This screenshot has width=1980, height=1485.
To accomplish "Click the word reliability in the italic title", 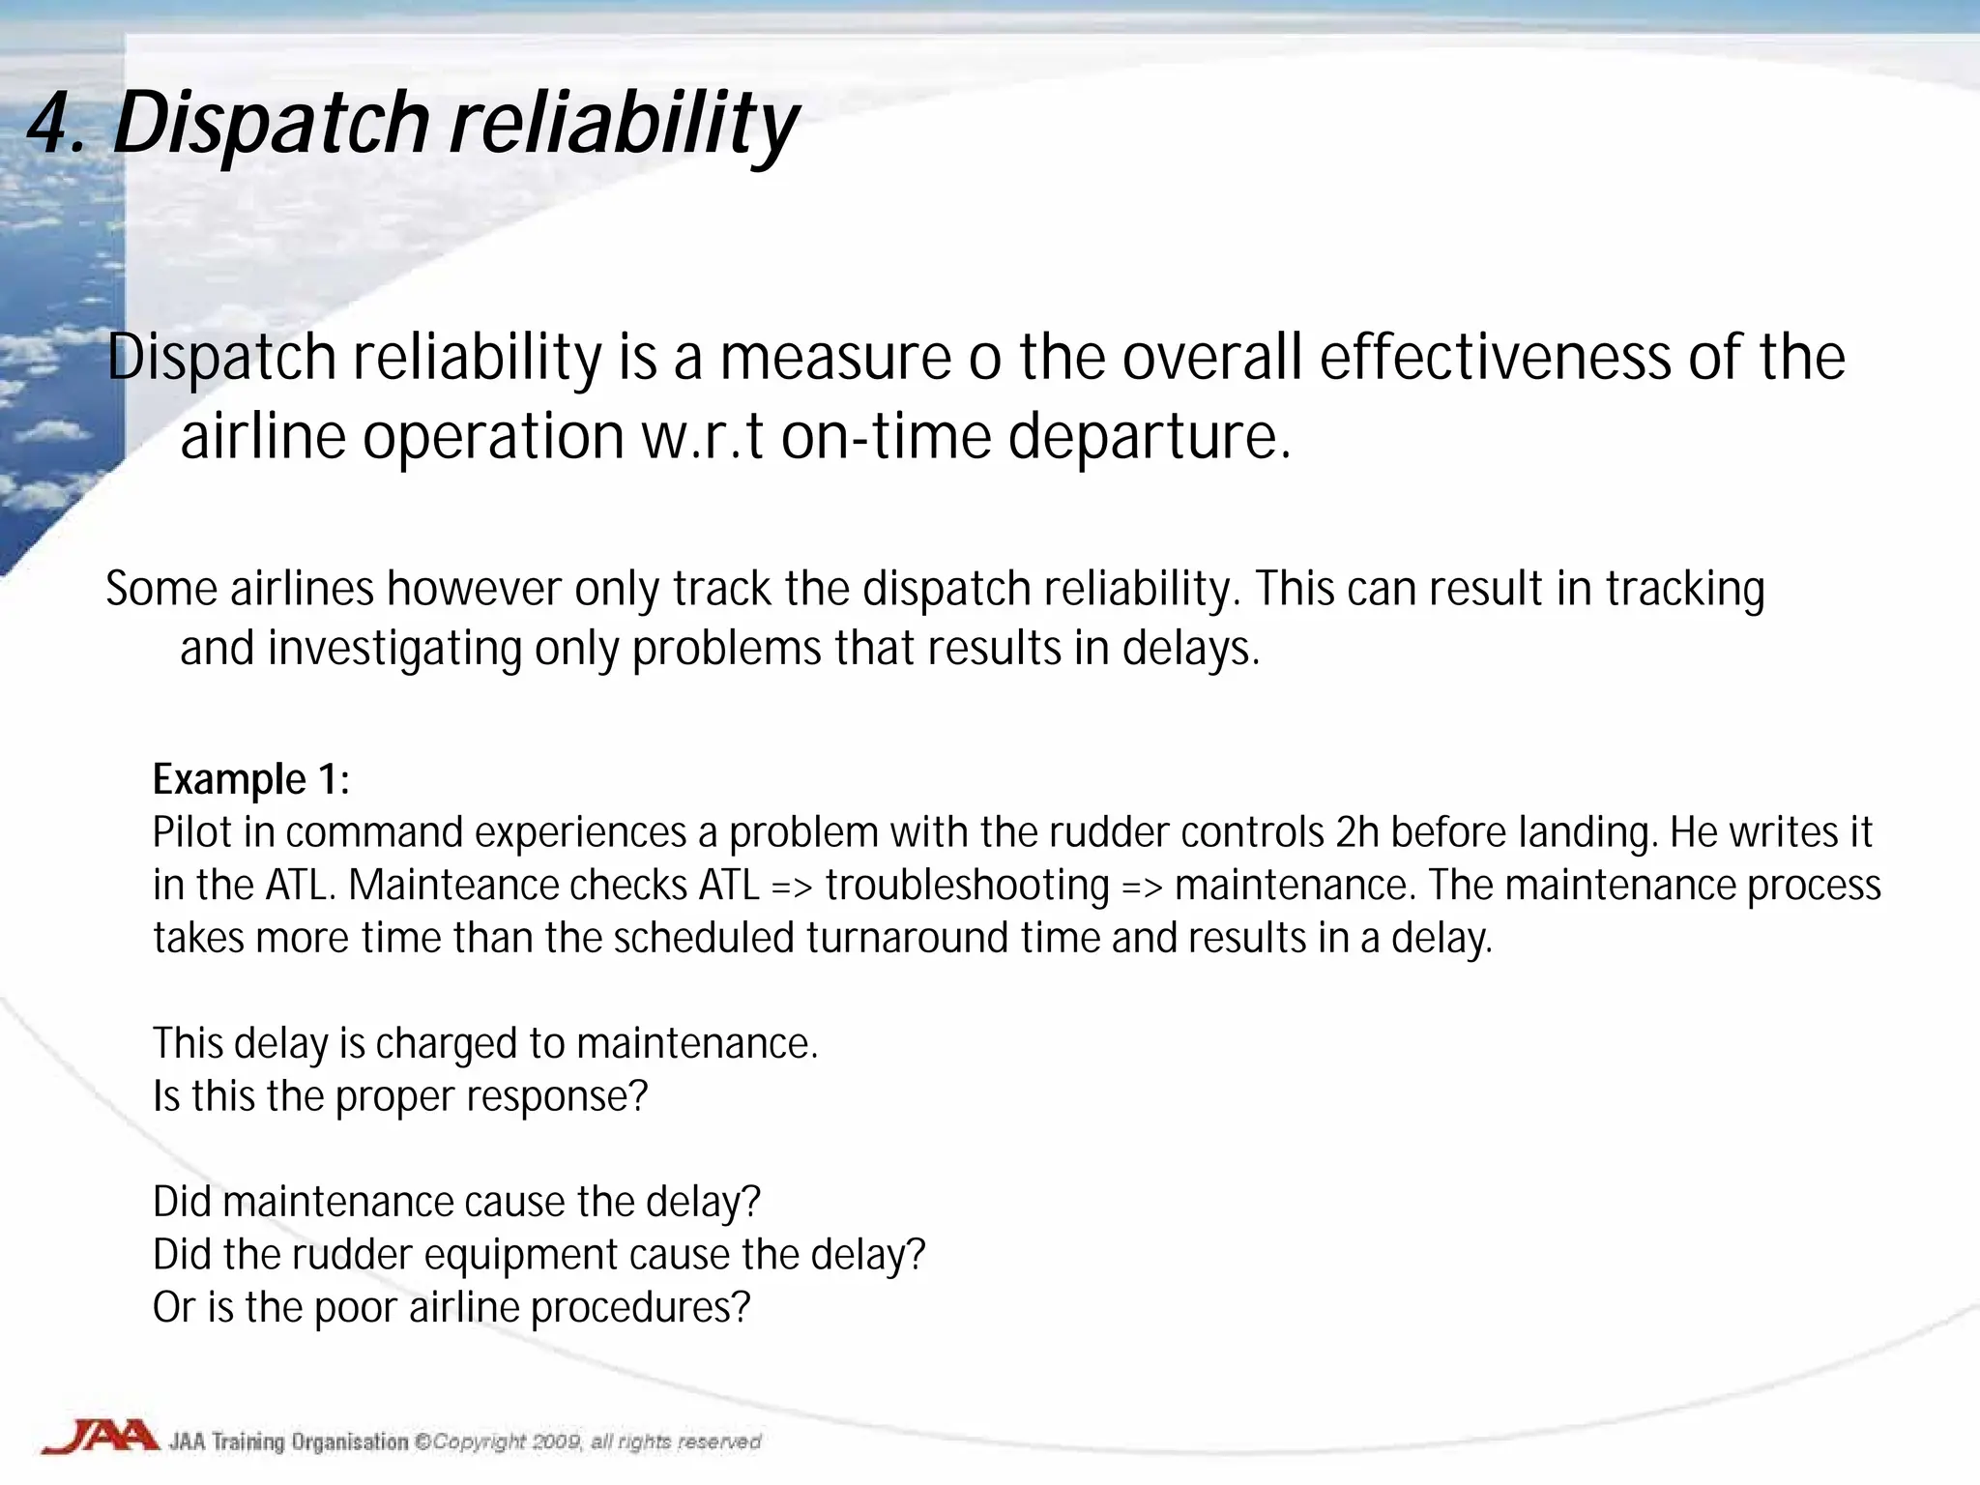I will click(x=624, y=124).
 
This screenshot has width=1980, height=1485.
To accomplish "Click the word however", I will click(x=474, y=589).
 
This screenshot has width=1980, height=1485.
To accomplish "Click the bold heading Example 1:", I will click(x=251, y=779).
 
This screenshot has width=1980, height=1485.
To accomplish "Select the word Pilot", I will click(x=192, y=832).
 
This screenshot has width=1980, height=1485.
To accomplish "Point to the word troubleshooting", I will click(x=967, y=887).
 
